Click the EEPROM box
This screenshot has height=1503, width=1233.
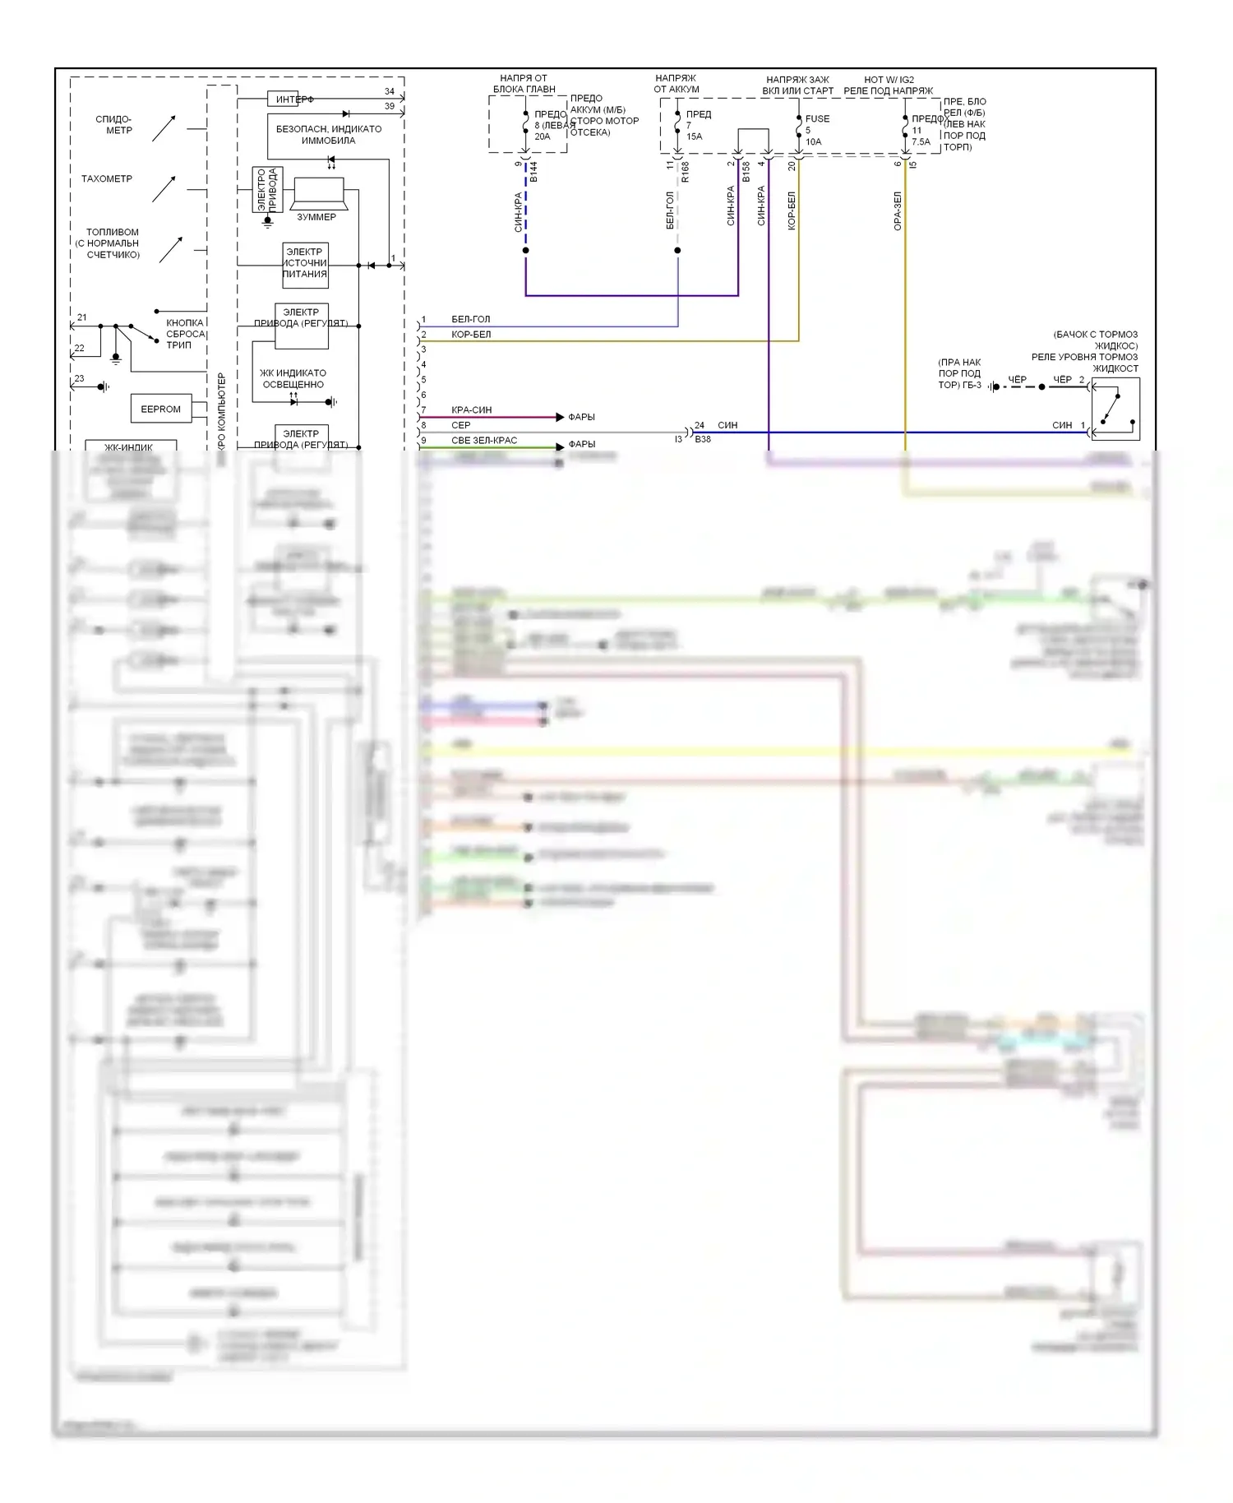pos(160,409)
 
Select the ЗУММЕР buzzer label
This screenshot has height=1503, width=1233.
pos(316,217)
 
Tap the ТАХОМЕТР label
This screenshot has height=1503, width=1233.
pos(107,178)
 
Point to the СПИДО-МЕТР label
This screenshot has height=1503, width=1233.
pos(113,125)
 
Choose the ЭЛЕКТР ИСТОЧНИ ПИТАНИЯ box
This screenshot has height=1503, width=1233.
pos(305,264)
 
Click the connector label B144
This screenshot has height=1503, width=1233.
pos(533,172)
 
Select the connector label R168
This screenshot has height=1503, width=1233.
pos(686,171)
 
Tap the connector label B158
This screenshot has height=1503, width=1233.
pos(746,171)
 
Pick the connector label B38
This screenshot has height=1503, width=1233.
pos(703,439)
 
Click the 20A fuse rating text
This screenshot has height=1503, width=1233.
pos(543,136)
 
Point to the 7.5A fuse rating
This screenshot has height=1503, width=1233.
pos(921,141)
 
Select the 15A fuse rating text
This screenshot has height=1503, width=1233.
pos(695,136)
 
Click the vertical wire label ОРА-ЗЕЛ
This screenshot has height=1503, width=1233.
pos(898,210)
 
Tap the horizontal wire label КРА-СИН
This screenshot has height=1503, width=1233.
pos(471,409)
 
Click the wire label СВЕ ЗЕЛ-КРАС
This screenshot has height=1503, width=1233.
pos(484,441)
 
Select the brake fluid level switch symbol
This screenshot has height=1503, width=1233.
pos(1115,409)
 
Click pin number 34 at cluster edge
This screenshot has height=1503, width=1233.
pos(390,91)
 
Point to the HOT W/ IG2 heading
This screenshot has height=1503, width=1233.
pos(889,80)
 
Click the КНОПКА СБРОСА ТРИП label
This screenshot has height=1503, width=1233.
pos(184,334)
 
